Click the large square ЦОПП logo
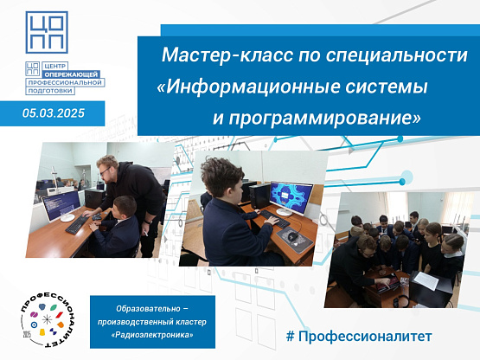pos(47,32)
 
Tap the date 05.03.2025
pos(54,113)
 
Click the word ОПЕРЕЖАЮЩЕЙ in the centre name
pos(71,74)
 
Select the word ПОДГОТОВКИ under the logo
pos(50,91)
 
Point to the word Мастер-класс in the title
pos(227,55)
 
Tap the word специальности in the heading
pos(396,56)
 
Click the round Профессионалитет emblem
pos(48,319)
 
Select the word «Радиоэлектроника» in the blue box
pos(152,335)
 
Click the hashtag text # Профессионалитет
pos(359,336)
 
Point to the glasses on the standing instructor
pos(105,170)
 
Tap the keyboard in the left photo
pos(77,225)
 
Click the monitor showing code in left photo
pos(61,206)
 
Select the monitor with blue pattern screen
pos(291,198)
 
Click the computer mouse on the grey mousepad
pos(293,235)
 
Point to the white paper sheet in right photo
pos(426,280)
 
